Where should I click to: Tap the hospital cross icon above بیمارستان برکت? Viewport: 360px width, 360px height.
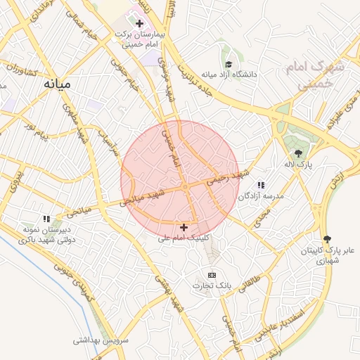point(139,23)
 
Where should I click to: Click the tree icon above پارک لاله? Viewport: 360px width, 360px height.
point(299,153)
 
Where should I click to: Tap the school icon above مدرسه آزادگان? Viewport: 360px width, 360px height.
point(262,185)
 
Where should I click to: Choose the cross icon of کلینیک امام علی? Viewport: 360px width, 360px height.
point(184,227)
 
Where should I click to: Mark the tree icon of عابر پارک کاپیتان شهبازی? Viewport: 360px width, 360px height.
point(326,239)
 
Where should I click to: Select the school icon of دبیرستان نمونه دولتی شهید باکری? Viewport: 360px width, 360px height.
point(46,219)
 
